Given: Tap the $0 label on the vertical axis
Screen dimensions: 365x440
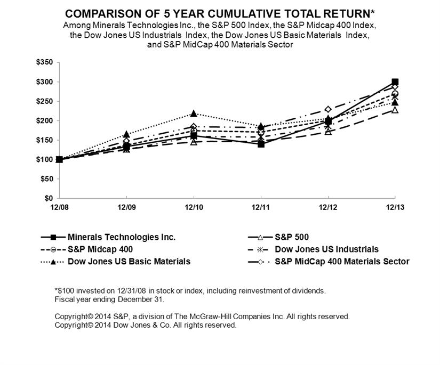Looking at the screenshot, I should (49, 198).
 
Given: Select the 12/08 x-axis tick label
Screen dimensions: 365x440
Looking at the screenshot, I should (59, 207).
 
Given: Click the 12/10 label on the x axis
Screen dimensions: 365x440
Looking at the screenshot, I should (193, 207).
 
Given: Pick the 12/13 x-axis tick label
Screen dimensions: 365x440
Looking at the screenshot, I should (394, 207).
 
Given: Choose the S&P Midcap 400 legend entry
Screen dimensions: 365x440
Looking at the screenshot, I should (101, 249).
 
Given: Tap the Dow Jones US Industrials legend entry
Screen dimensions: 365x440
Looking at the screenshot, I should (327, 249).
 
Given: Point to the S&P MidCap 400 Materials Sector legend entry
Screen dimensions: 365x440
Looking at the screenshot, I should (342, 262).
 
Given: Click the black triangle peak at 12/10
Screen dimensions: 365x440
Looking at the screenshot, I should (194, 113).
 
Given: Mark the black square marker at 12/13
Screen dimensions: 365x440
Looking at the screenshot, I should (395, 82).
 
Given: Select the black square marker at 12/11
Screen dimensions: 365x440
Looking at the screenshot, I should (261, 144).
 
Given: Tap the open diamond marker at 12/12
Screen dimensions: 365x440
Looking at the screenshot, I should (328, 109).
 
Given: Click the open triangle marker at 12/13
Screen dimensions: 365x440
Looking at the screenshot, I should (395, 110).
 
